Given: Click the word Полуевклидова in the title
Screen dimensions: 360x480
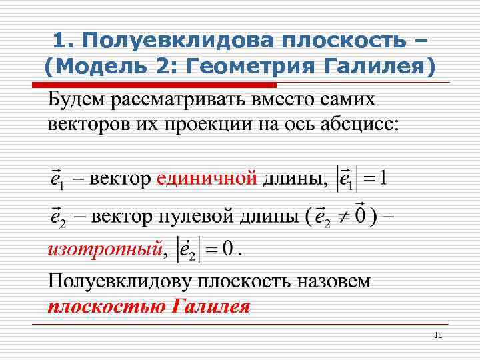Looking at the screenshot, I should click(x=180, y=41).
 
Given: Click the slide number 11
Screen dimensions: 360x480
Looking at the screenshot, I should click(x=438, y=335).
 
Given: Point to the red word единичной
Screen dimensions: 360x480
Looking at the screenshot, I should click(x=207, y=178).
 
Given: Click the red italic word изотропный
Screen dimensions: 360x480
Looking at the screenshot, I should click(x=104, y=251).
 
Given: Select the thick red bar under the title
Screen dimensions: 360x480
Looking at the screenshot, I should click(x=155, y=85).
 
